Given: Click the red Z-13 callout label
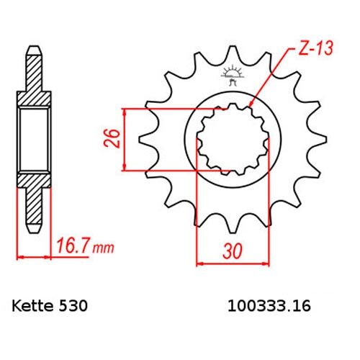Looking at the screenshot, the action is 316,49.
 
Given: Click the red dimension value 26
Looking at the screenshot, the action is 112,138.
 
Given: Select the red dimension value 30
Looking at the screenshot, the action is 233,251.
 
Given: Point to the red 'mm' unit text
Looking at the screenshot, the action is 103,248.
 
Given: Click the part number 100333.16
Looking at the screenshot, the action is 269,306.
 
